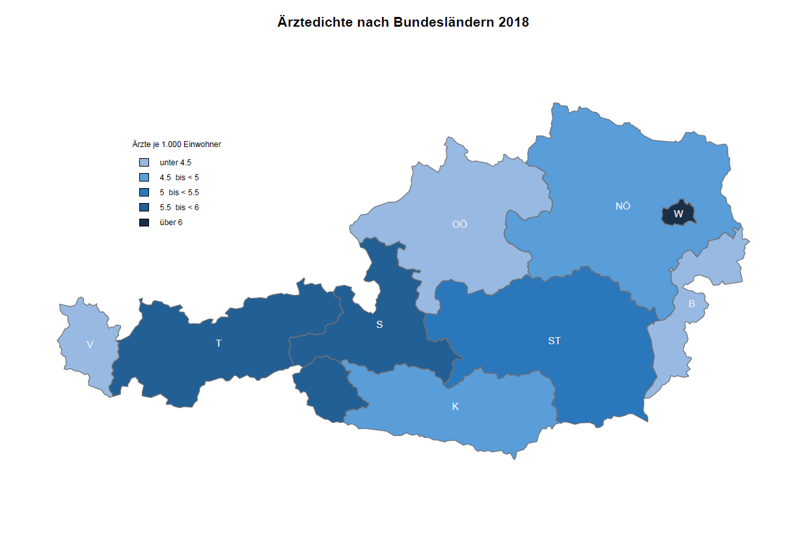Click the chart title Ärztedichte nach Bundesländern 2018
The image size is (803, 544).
pyautogui.click(x=403, y=22)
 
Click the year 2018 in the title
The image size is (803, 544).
pyautogui.click(x=513, y=22)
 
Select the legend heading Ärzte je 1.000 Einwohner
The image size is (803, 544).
pyautogui.click(x=176, y=144)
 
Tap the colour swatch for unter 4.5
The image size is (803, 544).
pyautogui.click(x=144, y=162)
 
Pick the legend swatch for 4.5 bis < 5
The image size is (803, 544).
pyautogui.click(x=144, y=177)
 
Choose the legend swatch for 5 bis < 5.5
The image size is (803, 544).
pyautogui.click(x=144, y=192)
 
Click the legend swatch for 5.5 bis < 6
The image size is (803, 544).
pyautogui.click(x=144, y=207)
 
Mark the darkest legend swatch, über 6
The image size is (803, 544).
pyautogui.click(x=144, y=222)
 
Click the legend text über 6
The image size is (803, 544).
pyautogui.click(x=170, y=223)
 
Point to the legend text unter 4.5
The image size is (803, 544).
pyautogui.click(x=175, y=163)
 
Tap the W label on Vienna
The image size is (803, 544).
pyautogui.click(x=678, y=213)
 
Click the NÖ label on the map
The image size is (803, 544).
pyautogui.click(x=623, y=206)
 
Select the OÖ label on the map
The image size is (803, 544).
pyautogui.click(x=459, y=224)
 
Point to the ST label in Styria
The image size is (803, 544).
pyautogui.click(x=554, y=340)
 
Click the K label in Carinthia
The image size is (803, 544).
pyautogui.click(x=455, y=407)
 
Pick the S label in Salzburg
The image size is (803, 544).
pyautogui.click(x=379, y=324)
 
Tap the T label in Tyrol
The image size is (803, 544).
pyautogui.click(x=219, y=343)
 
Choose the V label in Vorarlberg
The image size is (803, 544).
pyautogui.click(x=90, y=344)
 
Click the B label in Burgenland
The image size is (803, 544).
pyautogui.click(x=691, y=303)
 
